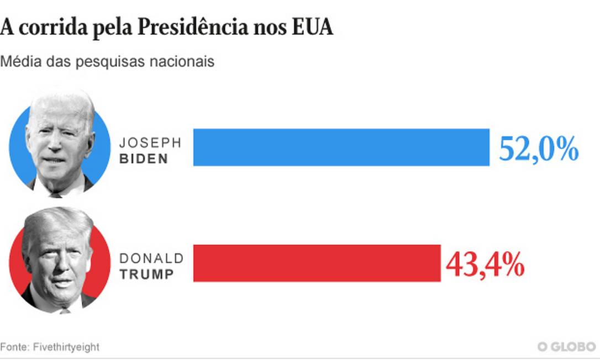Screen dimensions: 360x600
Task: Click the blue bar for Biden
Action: (341, 147)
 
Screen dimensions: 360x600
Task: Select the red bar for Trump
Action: (317, 263)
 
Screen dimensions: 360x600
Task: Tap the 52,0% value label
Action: (538, 149)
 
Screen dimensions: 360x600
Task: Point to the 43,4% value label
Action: (485, 264)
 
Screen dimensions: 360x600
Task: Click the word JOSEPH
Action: (150, 142)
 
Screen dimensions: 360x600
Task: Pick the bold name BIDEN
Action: (143, 159)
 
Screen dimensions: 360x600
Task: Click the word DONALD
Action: (151, 258)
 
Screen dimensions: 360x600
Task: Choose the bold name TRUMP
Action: (146, 274)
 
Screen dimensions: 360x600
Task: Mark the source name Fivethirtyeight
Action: (66, 347)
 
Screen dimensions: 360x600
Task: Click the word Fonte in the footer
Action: (14, 347)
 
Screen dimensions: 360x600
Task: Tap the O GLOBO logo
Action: (566, 347)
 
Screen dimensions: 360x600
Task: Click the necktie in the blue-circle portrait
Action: (55, 194)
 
